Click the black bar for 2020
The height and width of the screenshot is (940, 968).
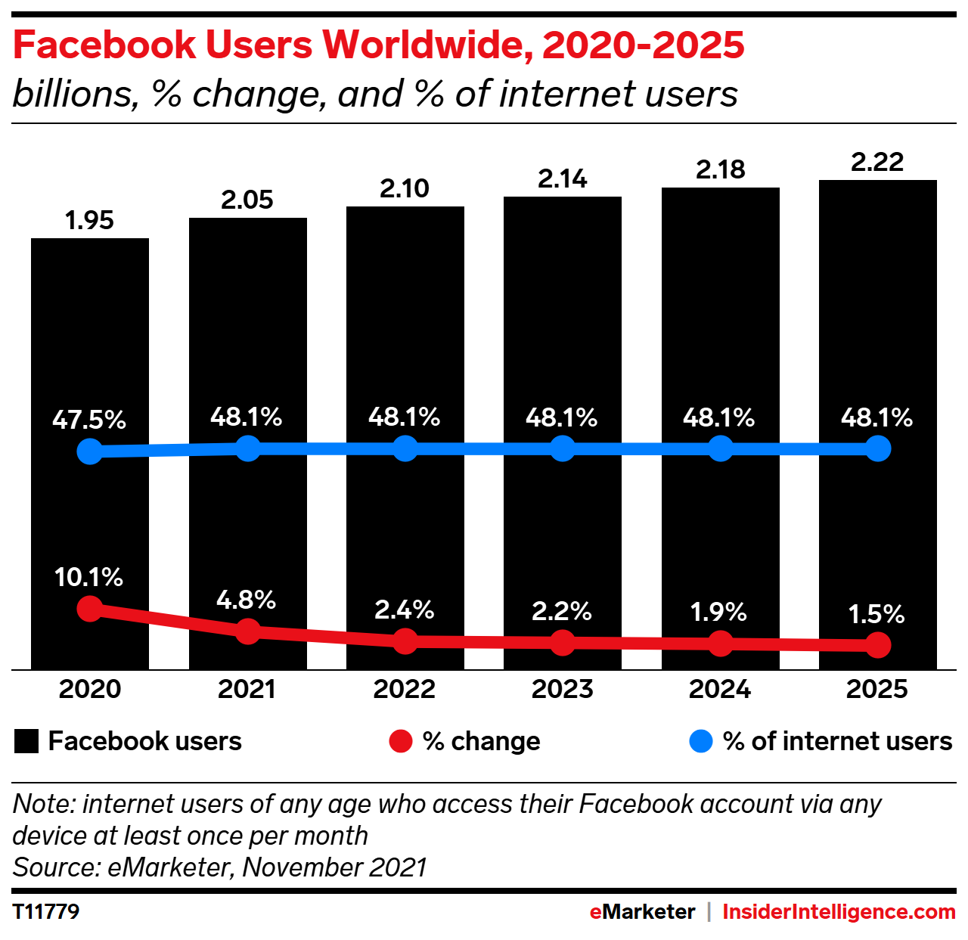[90, 340]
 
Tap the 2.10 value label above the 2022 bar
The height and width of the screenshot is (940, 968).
[405, 188]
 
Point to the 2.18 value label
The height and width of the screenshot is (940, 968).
[720, 169]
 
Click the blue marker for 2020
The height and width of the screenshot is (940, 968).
[90, 452]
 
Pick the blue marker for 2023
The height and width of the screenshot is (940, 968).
[562, 448]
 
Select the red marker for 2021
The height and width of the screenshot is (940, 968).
[247, 631]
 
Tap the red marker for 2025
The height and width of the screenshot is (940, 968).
[877, 645]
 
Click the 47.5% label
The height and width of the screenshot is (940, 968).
[89, 420]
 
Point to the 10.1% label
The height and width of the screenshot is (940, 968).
[88, 577]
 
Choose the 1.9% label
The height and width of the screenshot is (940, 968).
[718, 612]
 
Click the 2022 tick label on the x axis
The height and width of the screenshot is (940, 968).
[405, 689]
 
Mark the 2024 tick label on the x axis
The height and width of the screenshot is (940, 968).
[720, 689]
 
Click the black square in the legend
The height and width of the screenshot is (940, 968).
[26, 741]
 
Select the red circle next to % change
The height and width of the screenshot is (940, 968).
[401, 741]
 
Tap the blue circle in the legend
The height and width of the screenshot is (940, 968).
[701, 741]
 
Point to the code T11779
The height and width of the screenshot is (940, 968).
[46, 911]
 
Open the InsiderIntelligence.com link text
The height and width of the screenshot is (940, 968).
[839, 912]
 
